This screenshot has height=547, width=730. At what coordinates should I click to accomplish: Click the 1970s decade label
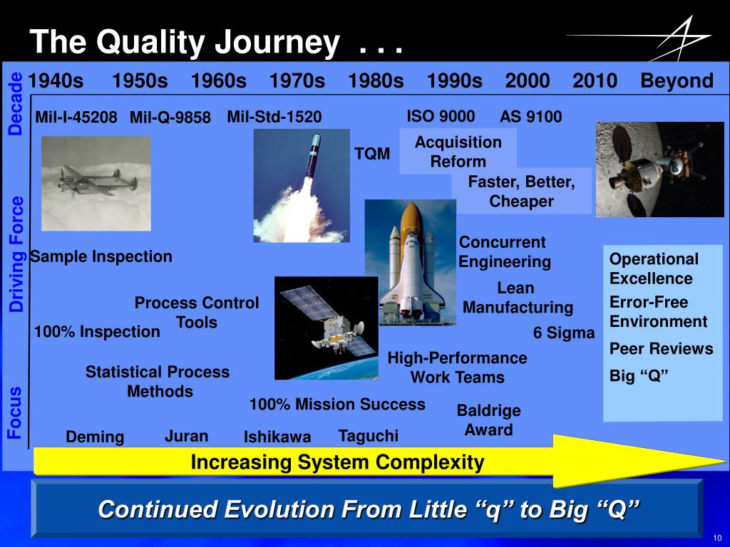[297, 80]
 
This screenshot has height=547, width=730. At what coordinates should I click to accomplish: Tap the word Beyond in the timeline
[677, 80]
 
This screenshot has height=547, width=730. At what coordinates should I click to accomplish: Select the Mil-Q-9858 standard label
[170, 117]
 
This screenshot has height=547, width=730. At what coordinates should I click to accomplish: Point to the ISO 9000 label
[441, 116]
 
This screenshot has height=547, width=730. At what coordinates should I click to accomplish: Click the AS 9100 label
[530, 116]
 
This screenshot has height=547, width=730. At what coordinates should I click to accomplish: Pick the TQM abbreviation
[372, 154]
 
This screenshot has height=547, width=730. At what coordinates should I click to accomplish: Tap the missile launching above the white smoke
[312, 160]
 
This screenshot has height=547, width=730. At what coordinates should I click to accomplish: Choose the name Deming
[95, 437]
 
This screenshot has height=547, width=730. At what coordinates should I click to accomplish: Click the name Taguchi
[369, 436]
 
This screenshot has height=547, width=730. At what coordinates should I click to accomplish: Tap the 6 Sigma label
[564, 333]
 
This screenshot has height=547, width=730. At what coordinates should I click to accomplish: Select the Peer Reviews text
[661, 348]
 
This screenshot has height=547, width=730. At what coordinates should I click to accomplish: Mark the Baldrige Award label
[488, 420]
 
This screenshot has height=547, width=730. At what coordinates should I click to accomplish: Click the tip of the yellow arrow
[726, 462]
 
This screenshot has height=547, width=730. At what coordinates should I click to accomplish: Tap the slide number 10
[717, 538]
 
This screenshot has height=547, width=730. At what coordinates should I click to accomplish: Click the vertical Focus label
[14, 412]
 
